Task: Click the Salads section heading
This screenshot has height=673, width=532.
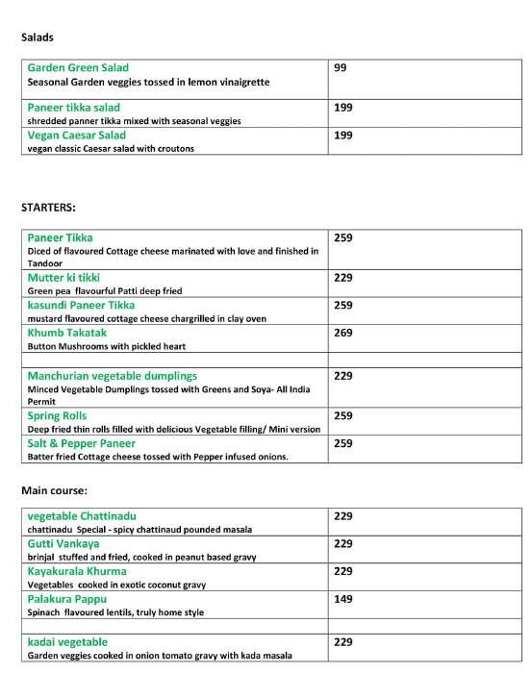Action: pos(38,37)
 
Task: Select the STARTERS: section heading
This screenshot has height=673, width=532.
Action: pos(48,207)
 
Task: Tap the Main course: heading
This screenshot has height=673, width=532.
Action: pos(54,490)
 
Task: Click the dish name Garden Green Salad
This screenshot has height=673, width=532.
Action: pos(77,68)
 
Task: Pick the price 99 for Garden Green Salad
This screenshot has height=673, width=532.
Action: pos(340,68)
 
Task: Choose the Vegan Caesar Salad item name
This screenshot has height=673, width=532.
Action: pos(77,136)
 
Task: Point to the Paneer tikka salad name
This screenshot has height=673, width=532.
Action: pos(74,108)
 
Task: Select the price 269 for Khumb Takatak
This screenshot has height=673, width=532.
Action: pos(343,333)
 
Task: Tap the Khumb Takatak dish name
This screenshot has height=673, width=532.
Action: pos(67,333)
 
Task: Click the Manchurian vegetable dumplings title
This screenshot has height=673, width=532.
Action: pos(112,376)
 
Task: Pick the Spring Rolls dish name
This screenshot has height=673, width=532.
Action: pos(57,416)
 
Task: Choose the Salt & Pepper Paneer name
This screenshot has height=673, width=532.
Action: pos(82,443)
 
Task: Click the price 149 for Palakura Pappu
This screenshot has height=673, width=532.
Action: pos(343,599)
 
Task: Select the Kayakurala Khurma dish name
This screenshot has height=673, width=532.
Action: pos(77,571)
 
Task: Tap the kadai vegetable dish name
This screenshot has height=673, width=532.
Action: pos(67,641)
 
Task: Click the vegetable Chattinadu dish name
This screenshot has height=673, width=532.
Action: pos(82,516)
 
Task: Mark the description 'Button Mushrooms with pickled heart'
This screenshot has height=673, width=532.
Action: pos(107,346)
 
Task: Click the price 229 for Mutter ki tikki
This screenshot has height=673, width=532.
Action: pos(343,278)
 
